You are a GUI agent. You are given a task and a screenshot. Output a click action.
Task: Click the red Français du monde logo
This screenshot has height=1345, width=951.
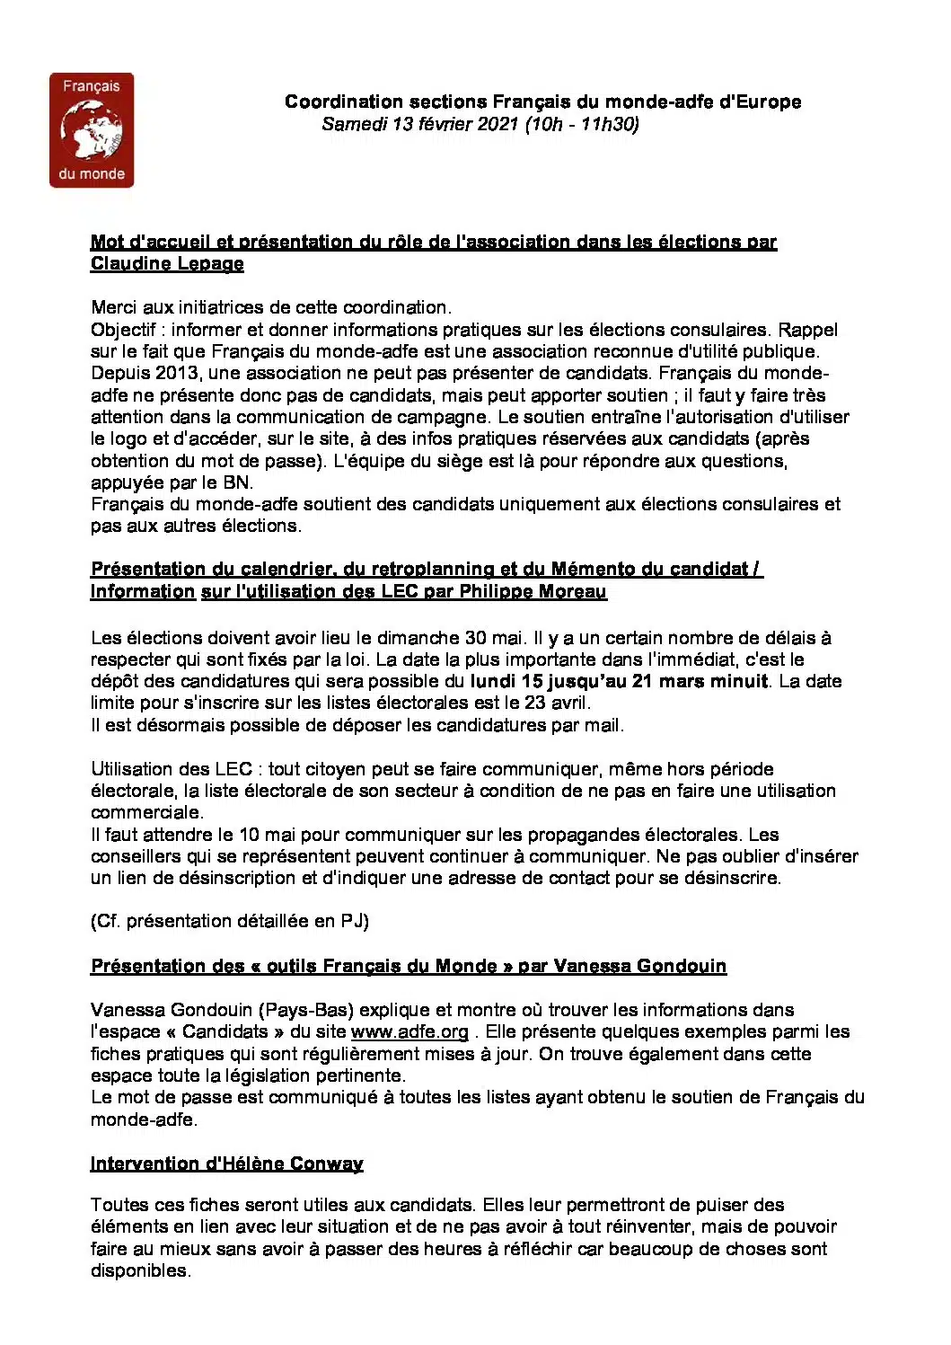(92, 130)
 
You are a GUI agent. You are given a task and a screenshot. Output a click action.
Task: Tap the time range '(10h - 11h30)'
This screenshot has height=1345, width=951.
(582, 124)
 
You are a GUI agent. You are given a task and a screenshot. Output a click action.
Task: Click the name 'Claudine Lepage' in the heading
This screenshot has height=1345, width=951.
(167, 263)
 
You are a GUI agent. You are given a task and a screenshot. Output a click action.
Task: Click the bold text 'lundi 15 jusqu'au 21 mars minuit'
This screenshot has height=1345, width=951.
(619, 681)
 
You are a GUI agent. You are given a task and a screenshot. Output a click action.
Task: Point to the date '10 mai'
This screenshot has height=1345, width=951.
(260, 835)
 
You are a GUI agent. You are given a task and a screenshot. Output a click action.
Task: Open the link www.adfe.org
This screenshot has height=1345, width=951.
(409, 1031)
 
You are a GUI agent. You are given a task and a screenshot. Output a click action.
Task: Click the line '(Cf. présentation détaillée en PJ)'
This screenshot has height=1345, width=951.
(230, 921)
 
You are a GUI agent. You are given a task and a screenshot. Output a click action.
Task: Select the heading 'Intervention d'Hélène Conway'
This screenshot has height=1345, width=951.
(226, 1164)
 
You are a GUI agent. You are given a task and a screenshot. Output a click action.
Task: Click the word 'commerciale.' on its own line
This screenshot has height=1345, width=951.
(147, 812)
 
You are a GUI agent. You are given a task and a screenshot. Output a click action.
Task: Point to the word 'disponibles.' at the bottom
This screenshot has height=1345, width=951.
(141, 1270)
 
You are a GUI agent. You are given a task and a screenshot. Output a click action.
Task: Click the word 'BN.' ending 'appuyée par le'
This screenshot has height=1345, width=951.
(238, 482)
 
